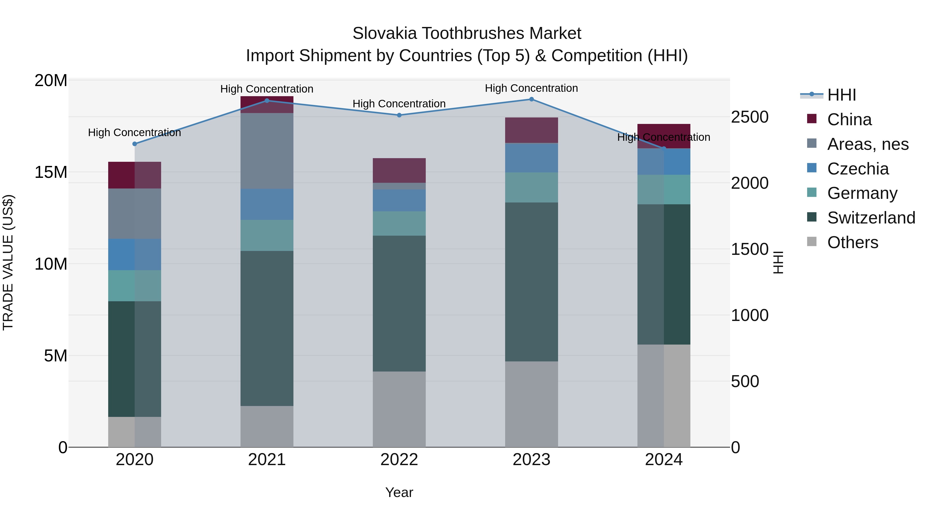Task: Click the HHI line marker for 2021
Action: coord(267,101)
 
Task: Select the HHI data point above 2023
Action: coord(532,99)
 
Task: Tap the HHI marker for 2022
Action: coord(399,115)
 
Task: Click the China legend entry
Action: coord(849,120)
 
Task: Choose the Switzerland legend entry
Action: coord(871,218)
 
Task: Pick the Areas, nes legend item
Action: coord(868,144)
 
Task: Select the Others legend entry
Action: coord(853,242)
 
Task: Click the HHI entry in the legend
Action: coord(841,95)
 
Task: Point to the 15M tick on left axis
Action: coord(51,172)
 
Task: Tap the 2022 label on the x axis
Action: coord(399,460)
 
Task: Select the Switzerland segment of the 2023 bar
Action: coord(532,282)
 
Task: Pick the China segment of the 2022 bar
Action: coord(399,170)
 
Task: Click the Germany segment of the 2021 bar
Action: coord(267,235)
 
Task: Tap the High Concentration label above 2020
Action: coord(134,132)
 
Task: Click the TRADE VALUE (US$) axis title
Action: coord(8,262)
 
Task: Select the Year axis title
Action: coord(399,492)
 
